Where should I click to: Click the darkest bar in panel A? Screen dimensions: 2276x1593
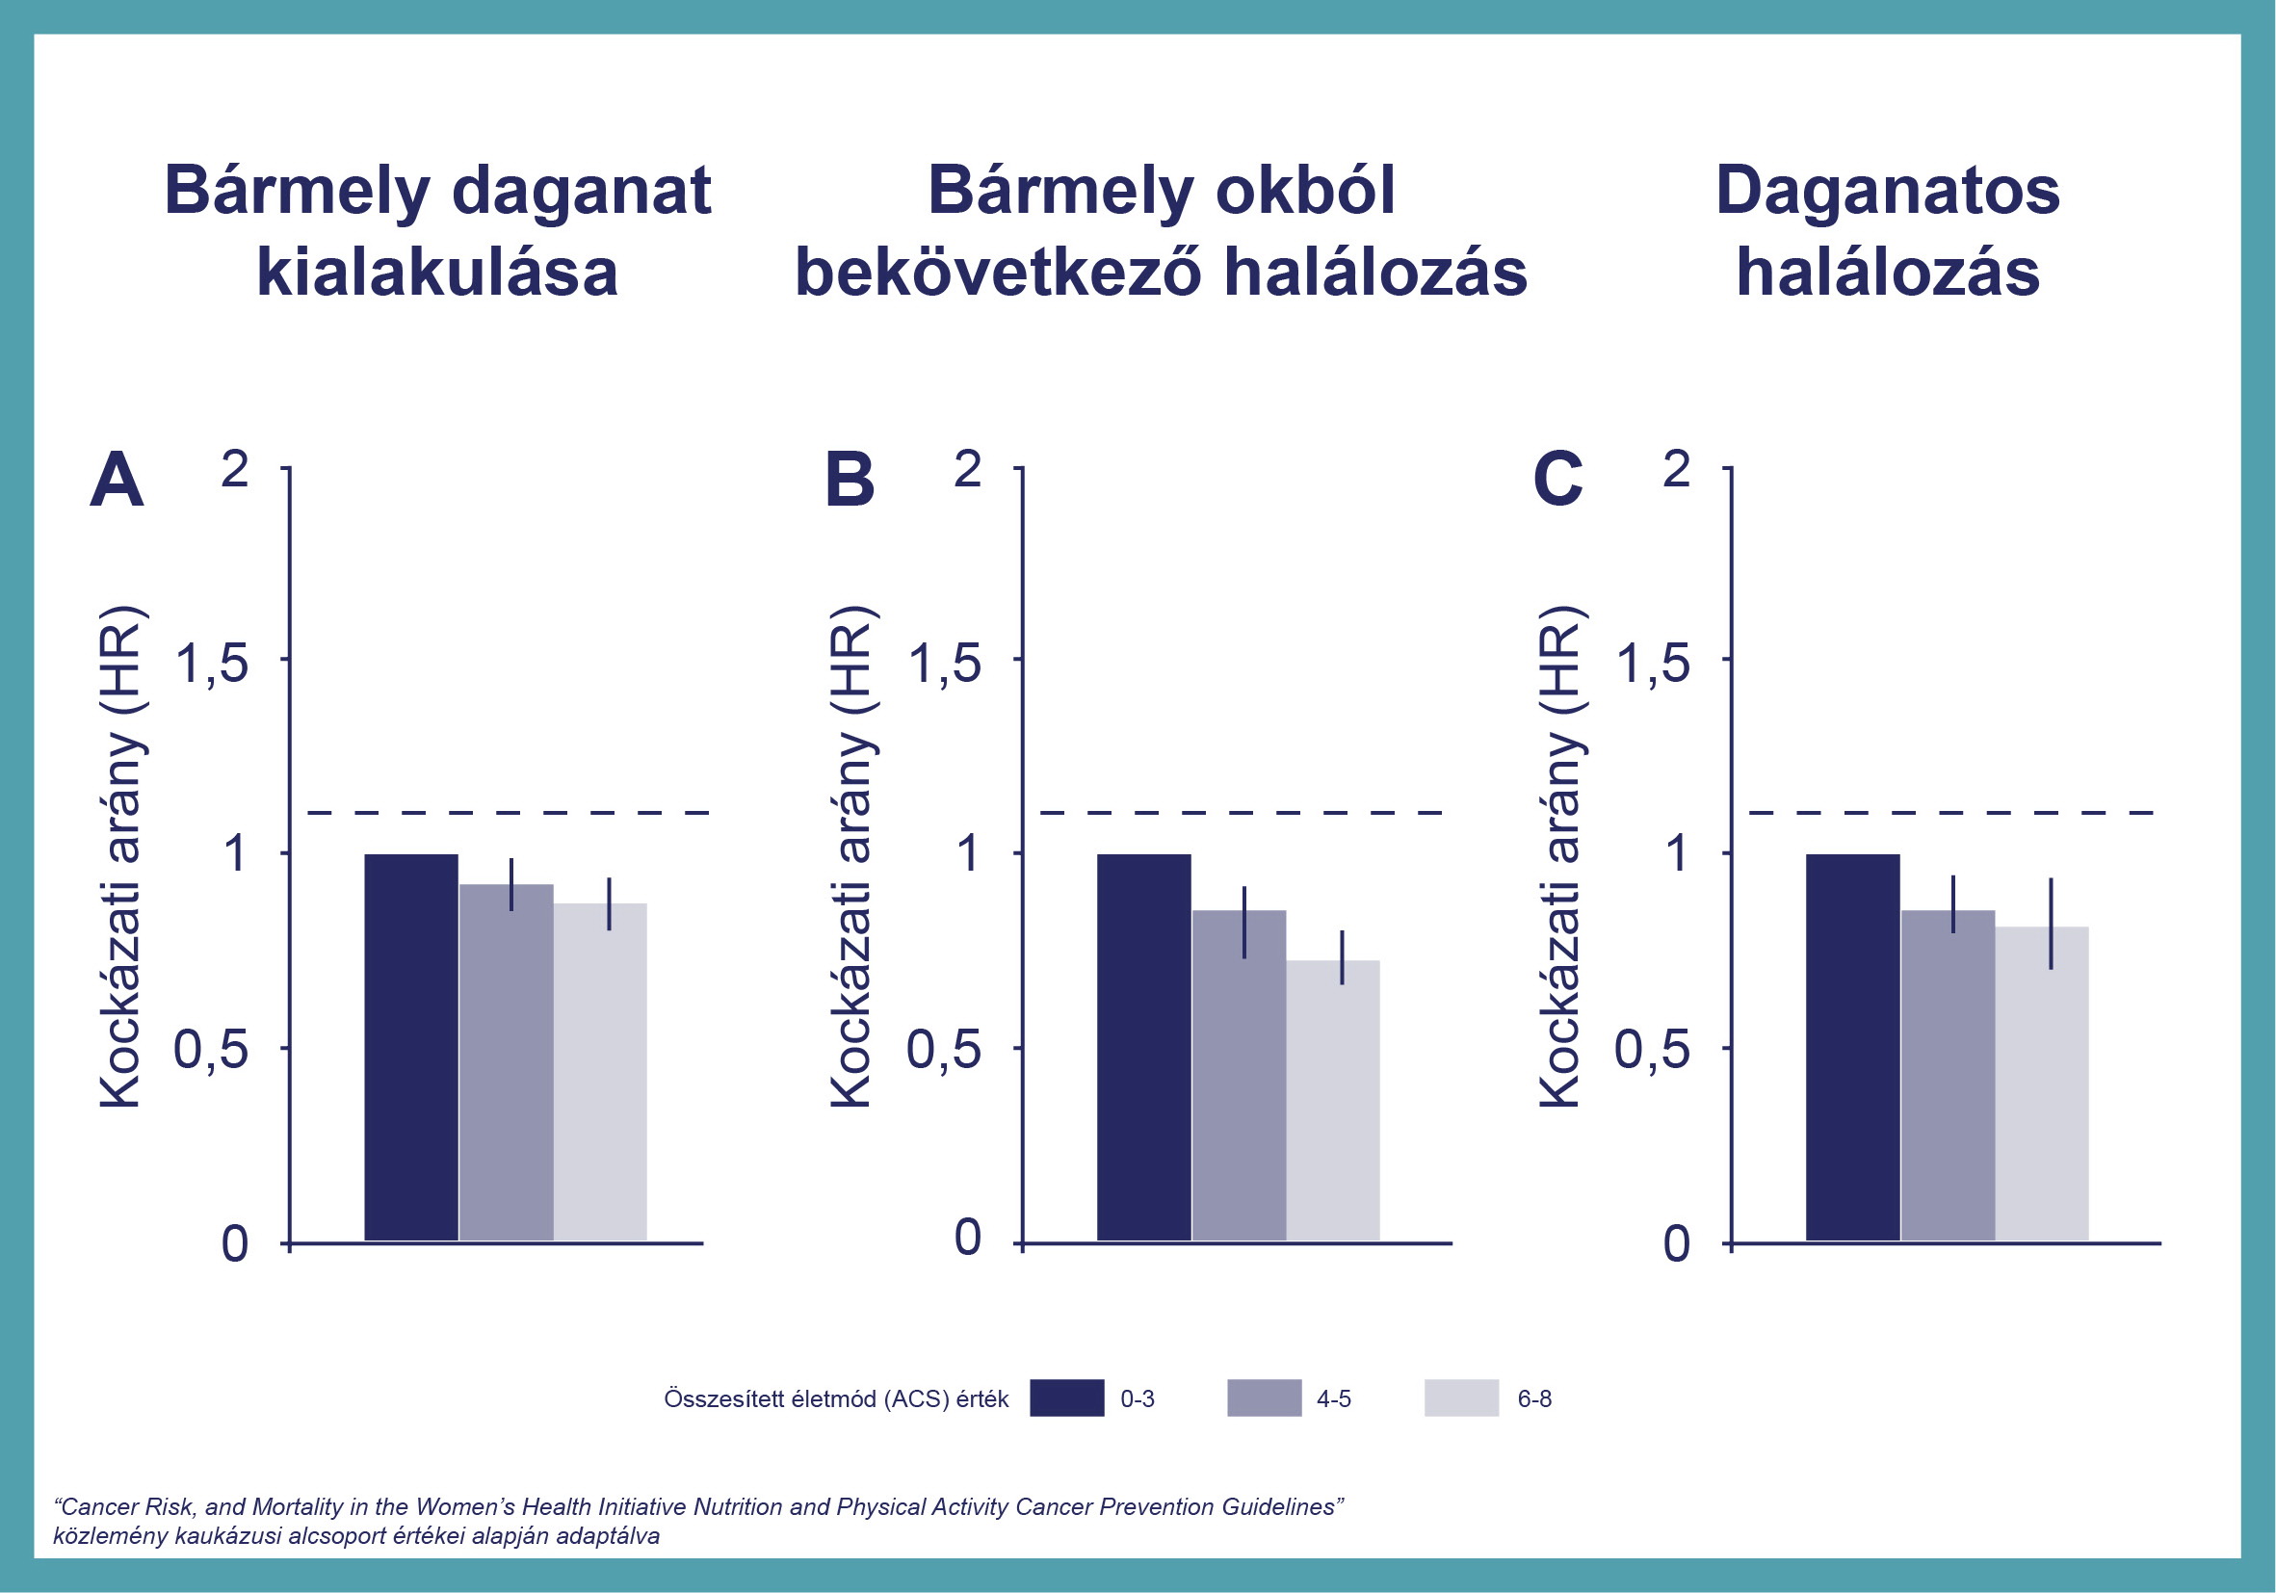(x=411, y=1047)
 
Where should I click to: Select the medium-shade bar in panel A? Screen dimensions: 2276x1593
(x=507, y=1061)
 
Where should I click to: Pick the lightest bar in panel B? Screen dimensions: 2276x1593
(x=1333, y=1100)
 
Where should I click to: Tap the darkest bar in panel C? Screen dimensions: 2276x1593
(x=1853, y=1047)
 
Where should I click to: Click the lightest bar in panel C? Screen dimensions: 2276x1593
(x=2042, y=1084)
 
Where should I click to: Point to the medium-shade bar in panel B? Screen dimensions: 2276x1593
(x=1239, y=1075)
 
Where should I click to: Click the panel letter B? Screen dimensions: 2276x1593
(x=850, y=480)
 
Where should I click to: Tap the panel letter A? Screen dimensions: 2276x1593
(x=117, y=480)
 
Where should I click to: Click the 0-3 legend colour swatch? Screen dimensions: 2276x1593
(x=1066, y=1397)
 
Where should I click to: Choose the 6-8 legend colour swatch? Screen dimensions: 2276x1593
(x=1461, y=1397)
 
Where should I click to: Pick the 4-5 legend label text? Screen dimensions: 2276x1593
(x=1333, y=1398)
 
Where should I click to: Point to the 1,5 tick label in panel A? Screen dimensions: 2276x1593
(x=211, y=663)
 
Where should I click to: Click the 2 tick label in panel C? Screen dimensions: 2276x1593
(x=1675, y=468)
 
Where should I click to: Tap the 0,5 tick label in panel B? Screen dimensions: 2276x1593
(x=944, y=1049)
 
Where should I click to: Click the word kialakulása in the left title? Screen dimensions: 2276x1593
(x=437, y=272)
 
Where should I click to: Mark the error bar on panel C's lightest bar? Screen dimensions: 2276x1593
(x=2051, y=923)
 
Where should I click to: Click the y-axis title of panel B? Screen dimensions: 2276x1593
(x=850, y=856)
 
